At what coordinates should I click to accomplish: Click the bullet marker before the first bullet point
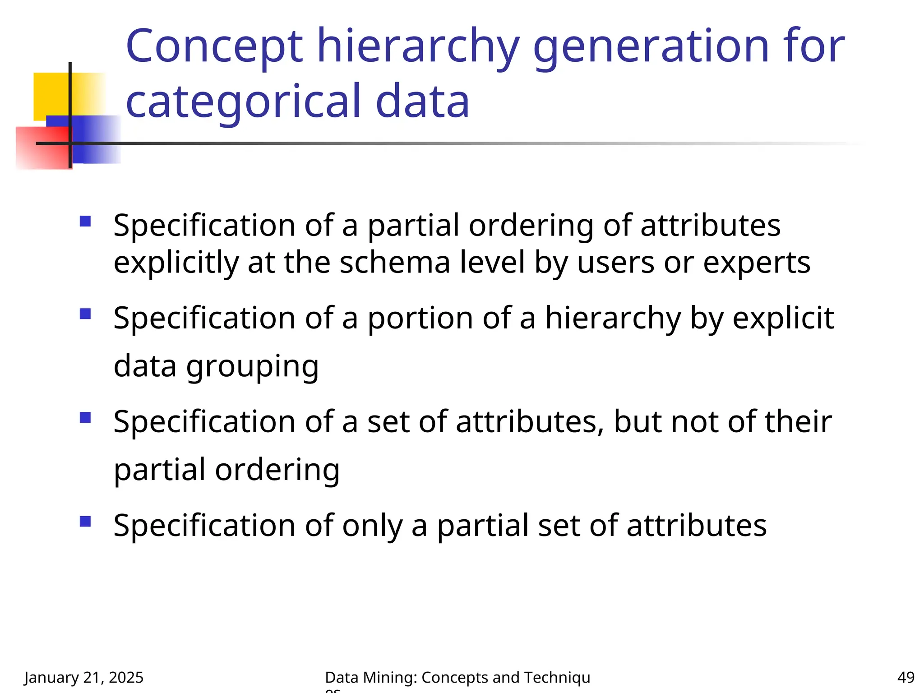(x=85, y=221)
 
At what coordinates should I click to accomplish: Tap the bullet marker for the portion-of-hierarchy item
(x=85, y=314)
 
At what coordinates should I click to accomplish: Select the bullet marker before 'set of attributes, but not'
(x=85, y=417)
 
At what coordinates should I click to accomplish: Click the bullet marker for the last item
(x=85, y=521)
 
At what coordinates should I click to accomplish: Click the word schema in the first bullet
(x=395, y=263)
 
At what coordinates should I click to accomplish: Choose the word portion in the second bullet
(x=420, y=319)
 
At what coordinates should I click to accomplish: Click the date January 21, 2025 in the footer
(x=84, y=677)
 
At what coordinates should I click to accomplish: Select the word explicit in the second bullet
(x=783, y=319)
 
